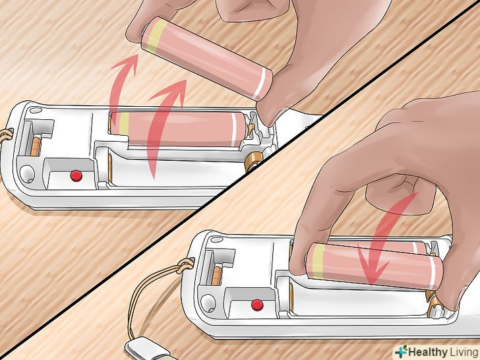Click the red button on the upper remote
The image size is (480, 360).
coord(76,175)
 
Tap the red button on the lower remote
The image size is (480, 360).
coord(257,305)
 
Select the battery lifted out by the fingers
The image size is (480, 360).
coord(207,59)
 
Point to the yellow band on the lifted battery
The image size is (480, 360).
coord(156,35)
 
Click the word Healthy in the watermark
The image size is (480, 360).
coord(428,351)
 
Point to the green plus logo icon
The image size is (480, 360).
coord(401,351)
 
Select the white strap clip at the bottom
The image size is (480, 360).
coord(146,349)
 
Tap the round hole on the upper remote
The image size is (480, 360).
coord(27,173)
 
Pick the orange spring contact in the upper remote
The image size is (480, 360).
coord(36,146)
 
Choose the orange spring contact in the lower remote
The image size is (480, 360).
coord(217,276)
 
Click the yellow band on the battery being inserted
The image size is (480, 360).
coord(318,261)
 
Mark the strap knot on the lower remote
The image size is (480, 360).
coord(185,264)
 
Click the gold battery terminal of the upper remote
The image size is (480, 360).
coord(253,162)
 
